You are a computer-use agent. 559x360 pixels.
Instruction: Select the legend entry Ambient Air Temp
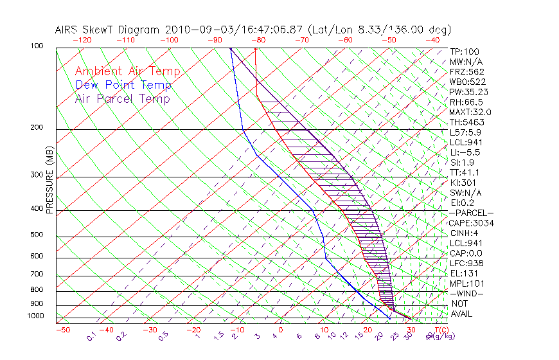(x=127, y=71)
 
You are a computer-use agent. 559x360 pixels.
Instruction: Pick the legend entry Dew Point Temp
(x=123, y=85)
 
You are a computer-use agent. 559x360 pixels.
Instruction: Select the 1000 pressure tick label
(x=35, y=316)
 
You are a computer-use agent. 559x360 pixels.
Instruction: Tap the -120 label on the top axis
(x=82, y=39)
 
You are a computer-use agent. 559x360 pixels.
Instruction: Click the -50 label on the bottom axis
(x=62, y=330)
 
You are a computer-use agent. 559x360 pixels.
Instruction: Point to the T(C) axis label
(x=436, y=330)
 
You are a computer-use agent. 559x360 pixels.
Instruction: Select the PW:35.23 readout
(x=466, y=92)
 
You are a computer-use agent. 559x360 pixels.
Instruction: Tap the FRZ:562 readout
(x=466, y=71)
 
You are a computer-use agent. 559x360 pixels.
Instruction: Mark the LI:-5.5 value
(x=464, y=152)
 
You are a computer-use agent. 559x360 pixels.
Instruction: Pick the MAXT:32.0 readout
(x=470, y=112)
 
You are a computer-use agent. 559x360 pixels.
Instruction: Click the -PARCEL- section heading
(x=472, y=213)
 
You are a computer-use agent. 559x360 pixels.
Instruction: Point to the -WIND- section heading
(x=467, y=293)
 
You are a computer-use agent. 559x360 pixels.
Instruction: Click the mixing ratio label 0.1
(x=91, y=336)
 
